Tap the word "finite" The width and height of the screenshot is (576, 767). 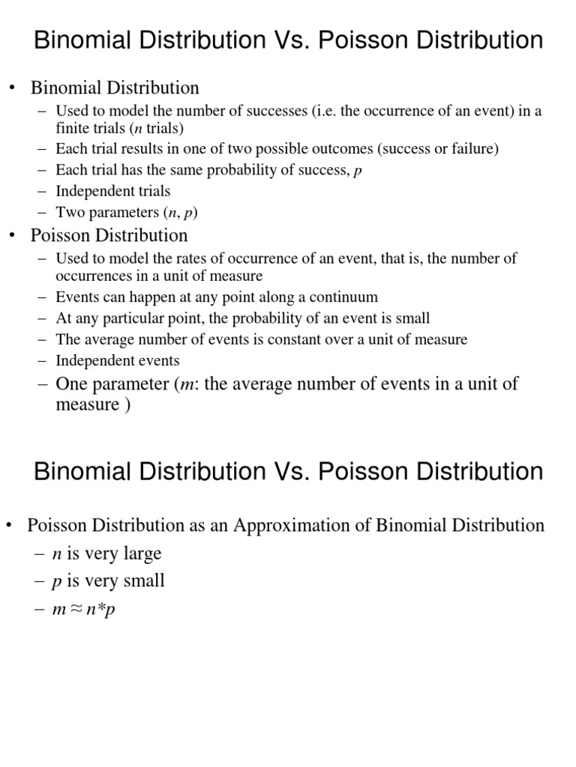pyautogui.click(x=73, y=127)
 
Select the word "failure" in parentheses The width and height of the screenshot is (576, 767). pyautogui.click(x=473, y=149)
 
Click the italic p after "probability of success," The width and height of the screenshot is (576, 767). pyautogui.click(x=358, y=171)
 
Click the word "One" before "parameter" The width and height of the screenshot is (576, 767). pyautogui.click(x=73, y=384)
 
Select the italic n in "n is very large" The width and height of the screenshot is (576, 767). pyautogui.click(x=56, y=555)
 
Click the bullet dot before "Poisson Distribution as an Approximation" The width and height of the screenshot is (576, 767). pyautogui.click(x=11, y=525)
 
